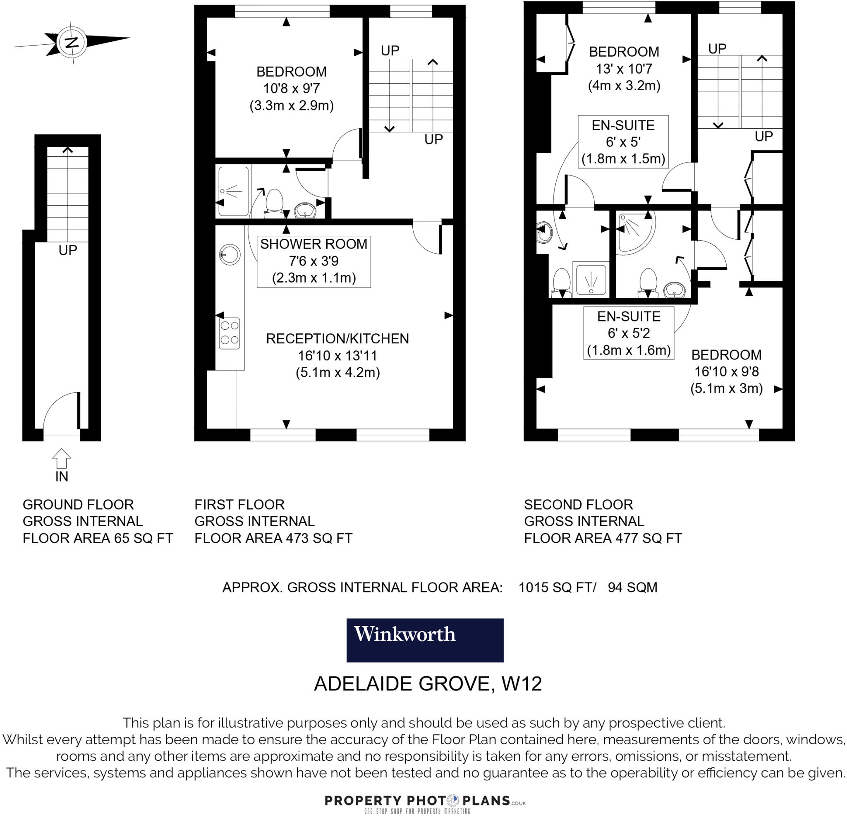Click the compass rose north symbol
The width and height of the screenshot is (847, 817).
(72, 42)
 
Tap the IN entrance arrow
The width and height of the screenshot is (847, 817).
(61, 458)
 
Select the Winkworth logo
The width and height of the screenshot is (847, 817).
(425, 640)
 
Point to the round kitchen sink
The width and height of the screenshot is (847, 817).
(230, 254)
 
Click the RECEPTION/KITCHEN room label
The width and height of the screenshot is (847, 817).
(337, 338)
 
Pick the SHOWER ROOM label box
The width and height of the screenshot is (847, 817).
(314, 261)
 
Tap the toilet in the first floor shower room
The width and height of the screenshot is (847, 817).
(274, 202)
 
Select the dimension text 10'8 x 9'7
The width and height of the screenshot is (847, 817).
(292, 88)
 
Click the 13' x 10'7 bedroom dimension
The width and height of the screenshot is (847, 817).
(624, 68)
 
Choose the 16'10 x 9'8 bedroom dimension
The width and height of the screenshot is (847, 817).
(726, 371)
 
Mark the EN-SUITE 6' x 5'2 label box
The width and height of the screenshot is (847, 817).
(628, 333)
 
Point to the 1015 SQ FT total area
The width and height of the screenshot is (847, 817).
(557, 587)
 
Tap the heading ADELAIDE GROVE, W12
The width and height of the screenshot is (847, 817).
(427, 683)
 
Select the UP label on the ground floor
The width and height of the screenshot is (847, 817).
(68, 250)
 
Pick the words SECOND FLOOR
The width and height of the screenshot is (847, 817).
(578, 504)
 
